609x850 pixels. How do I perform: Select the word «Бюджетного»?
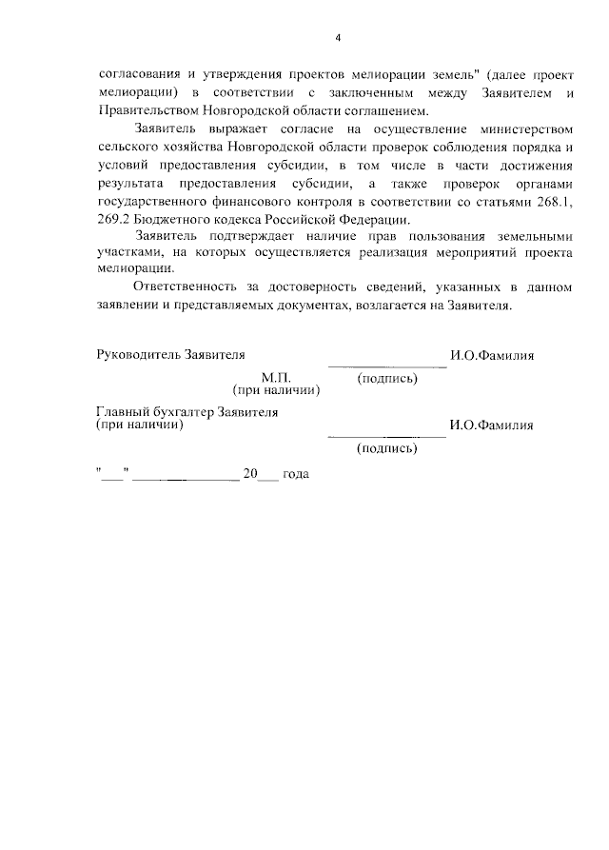pyautogui.click(x=175, y=220)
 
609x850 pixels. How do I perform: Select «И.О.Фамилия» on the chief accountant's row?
pyautogui.click(x=492, y=425)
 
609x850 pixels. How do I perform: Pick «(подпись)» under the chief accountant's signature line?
pyautogui.click(x=386, y=447)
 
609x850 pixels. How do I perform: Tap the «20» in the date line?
pyautogui.click(x=251, y=472)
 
